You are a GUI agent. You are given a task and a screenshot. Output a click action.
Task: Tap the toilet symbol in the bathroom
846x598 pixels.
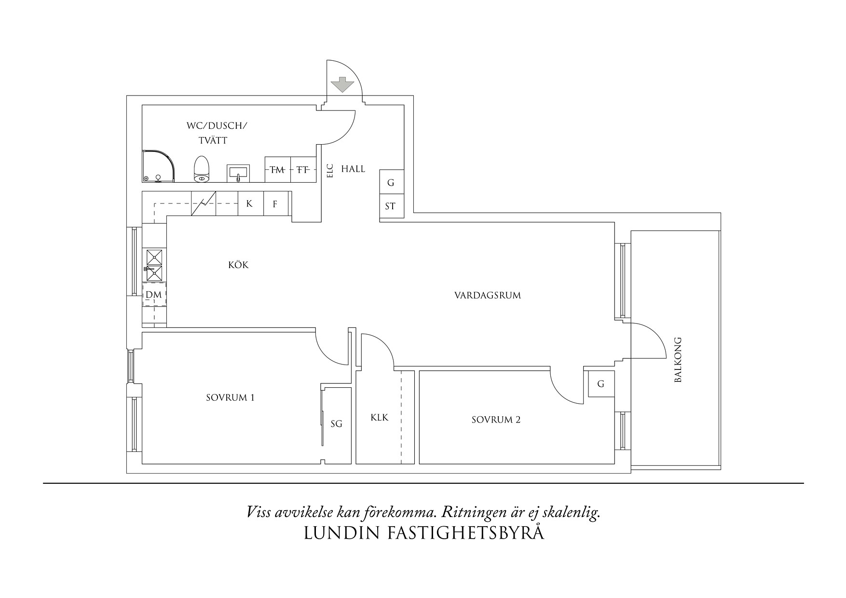tap(202, 169)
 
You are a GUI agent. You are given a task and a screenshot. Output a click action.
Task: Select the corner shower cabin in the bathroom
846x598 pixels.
tap(157, 167)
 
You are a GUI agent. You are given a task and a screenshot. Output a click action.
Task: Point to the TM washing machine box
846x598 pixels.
tap(277, 169)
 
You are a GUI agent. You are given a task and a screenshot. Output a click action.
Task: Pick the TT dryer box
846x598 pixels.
tap(303, 169)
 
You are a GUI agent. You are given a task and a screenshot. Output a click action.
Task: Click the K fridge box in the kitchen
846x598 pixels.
tap(249, 204)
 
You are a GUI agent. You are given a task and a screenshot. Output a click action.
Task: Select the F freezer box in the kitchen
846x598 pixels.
tap(275, 204)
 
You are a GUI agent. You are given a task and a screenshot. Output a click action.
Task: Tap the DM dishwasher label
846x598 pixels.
tap(153, 294)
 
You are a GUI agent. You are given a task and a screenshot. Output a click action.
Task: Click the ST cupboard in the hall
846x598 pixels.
tap(391, 206)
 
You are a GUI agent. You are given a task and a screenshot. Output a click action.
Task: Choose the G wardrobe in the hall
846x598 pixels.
tap(391, 183)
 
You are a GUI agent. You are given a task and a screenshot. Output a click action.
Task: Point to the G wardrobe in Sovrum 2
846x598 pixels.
tap(600, 384)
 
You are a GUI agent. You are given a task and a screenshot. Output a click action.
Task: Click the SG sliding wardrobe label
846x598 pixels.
tap(336, 424)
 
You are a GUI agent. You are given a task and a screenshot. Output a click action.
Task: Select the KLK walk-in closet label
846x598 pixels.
tap(380, 418)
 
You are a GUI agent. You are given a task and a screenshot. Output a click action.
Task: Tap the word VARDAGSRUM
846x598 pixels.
tap(488, 296)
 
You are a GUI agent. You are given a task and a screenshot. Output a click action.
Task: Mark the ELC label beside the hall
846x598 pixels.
tap(330, 171)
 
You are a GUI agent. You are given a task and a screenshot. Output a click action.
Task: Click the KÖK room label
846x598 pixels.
tap(239, 265)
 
